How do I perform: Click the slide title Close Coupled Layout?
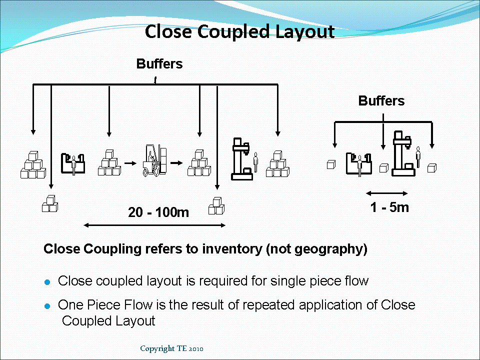click(239, 31)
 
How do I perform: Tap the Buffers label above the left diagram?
click(159, 64)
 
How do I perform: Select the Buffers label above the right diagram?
click(381, 101)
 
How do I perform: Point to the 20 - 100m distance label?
click(158, 212)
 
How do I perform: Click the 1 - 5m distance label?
click(389, 207)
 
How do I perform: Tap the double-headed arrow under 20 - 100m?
click(154, 225)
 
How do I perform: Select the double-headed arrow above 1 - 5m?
click(387, 193)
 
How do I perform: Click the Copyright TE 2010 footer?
click(171, 348)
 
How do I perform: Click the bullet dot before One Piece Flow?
click(48, 305)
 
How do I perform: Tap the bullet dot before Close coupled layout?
click(48, 282)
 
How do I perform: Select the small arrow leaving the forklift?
click(175, 163)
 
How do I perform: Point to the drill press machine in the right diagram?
click(402, 153)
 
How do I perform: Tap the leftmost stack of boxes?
click(33, 164)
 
